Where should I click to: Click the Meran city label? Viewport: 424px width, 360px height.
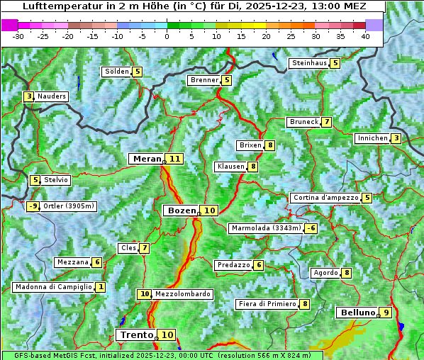click(147, 159)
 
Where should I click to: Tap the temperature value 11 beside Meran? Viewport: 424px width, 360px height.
click(174, 159)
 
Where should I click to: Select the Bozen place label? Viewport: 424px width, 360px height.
click(181, 210)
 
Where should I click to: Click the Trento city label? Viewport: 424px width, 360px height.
click(137, 334)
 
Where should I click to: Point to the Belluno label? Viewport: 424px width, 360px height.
click(357, 313)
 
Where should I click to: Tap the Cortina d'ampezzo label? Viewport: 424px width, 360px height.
click(325, 198)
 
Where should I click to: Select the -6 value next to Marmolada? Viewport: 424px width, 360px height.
click(311, 228)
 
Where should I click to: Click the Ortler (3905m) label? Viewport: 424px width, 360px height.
click(68, 206)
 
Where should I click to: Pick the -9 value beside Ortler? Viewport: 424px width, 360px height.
click(33, 206)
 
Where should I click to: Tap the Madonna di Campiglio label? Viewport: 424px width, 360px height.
click(53, 287)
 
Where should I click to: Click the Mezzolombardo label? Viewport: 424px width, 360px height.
click(182, 294)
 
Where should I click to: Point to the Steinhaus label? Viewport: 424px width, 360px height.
click(309, 63)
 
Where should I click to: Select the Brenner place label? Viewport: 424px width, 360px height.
click(204, 80)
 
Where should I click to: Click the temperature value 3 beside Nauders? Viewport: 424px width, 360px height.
click(28, 96)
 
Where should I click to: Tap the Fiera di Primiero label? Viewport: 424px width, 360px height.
click(267, 304)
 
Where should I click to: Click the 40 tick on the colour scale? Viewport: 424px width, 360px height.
click(364, 35)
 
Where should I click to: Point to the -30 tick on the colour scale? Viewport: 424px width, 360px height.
click(18, 35)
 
